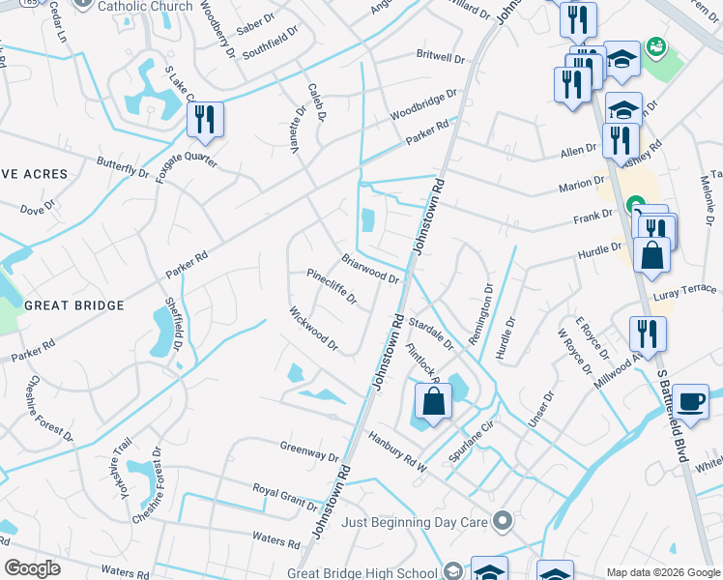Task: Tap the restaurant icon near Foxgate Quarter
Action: point(205,119)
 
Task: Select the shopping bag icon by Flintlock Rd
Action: point(434,401)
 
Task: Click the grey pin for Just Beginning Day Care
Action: point(502,522)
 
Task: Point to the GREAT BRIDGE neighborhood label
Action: point(74,305)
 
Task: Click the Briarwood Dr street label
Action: point(371,270)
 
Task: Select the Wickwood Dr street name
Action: point(313,329)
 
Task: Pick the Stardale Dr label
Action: point(431,329)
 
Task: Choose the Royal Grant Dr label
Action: point(285,497)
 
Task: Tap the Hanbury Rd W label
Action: point(397,451)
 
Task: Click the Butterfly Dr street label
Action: point(124,167)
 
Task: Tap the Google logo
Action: point(32,568)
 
